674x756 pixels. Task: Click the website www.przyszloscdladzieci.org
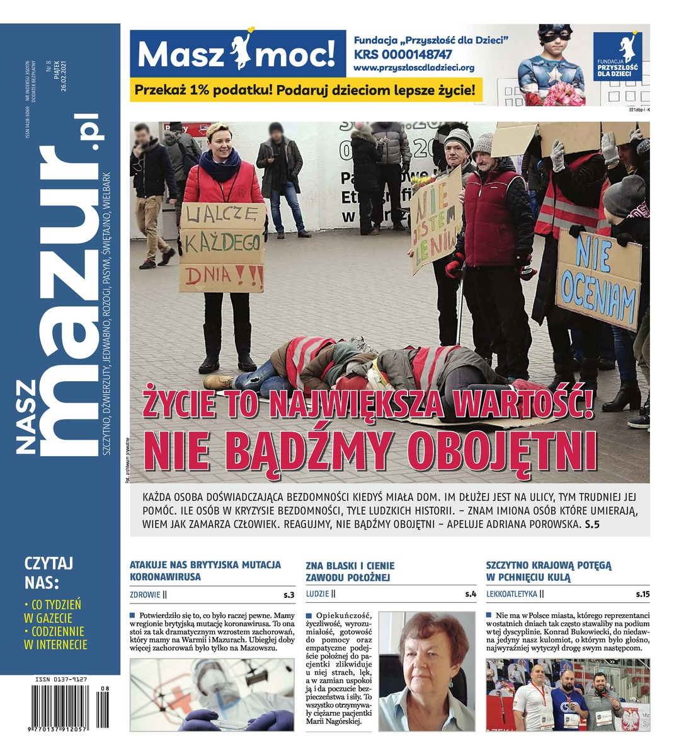pos(414,67)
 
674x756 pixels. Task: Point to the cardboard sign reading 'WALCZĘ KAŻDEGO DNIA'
pos(222,247)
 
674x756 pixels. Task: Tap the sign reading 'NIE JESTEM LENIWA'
pos(436,219)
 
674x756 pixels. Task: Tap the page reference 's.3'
pos(288,594)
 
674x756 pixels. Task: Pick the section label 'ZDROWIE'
pos(144,594)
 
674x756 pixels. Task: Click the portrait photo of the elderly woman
pos(427,671)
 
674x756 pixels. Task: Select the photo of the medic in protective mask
pos(212,694)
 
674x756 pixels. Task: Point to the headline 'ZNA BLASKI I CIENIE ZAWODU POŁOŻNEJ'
pos(350,571)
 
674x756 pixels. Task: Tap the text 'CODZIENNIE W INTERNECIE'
pos(55,638)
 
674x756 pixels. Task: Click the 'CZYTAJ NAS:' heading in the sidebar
pos(49,571)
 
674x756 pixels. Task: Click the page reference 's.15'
pos(642,594)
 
